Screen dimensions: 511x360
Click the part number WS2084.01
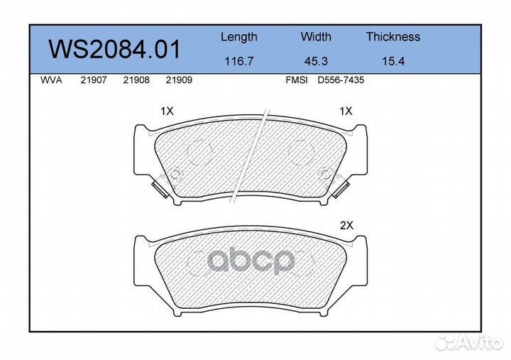[114, 49]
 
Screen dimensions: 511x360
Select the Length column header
[239, 37]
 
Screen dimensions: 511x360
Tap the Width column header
[316, 36]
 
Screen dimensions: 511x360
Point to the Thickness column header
[393, 36]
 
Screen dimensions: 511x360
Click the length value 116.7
[239, 61]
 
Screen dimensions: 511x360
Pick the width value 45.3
[316, 61]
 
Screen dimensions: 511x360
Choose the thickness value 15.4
[393, 61]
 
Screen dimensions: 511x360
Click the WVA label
[51, 80]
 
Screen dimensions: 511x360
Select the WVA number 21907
[94, 80]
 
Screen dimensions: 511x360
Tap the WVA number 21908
[136, 80]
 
